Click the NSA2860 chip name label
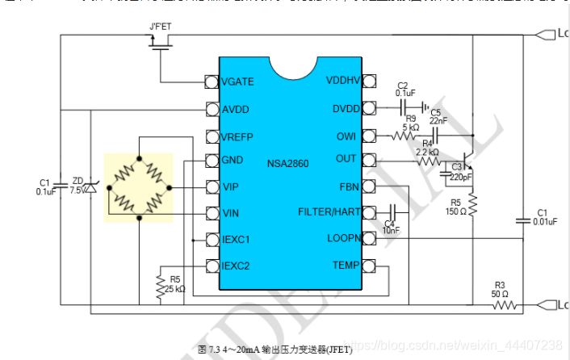(291, 162)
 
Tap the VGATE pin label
(238, 82)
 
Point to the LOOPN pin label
(341, 239)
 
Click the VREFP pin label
(240, 135)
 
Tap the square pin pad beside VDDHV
(370, 81)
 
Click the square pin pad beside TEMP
(370, 266)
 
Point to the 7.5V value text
(78, 191)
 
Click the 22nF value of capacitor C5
(438, 121)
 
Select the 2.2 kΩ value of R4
(427, 152)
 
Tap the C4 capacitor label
(390, 223)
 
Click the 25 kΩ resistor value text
(176, 288)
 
